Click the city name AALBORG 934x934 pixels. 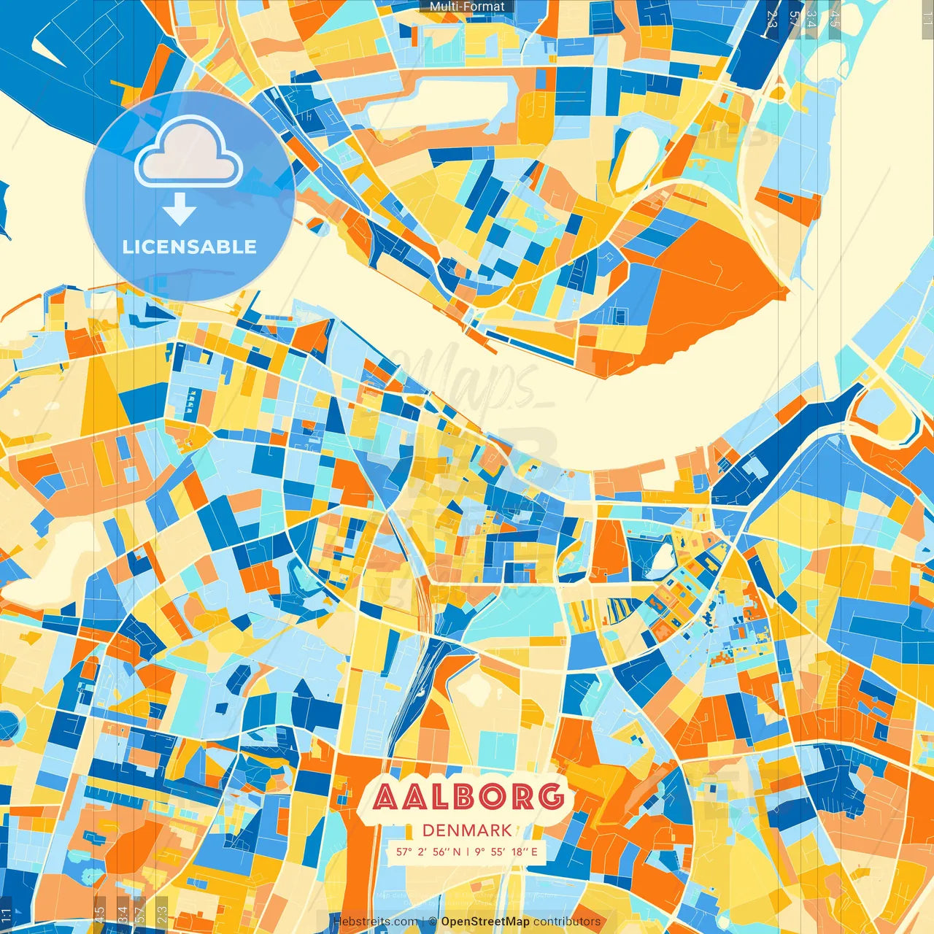pyautogui.click(x=468, y=797)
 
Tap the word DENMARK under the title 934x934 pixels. pyautogui.click(x=467, y=830)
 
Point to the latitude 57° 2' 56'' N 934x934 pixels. pyautogui.click(x=428, y=852)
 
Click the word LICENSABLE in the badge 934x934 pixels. pyautogui.click(x=190, y=247)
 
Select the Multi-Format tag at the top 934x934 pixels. pyautogui.click(x=467, y=7)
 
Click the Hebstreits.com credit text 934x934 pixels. pyautogui.click(x=375, y=922)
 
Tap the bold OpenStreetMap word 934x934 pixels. pyautogui.click(x=485, y=922)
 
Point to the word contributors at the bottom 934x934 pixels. pyautogui.click(x=567, y=922)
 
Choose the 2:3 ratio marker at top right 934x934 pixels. pyautogui.click(x=772, y=18)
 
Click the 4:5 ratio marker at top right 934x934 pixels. pyautogui.click(x=834, y=18)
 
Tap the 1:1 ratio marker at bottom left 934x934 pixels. pyautogui.click(x=6, y=915)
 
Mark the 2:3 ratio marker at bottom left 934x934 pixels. pyautogui.click(x=161, y=915)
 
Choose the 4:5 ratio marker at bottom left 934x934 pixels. pyautogui.click(x=99, y=915)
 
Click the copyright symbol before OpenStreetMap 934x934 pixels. pyautogui.click(x=433, y=922)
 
